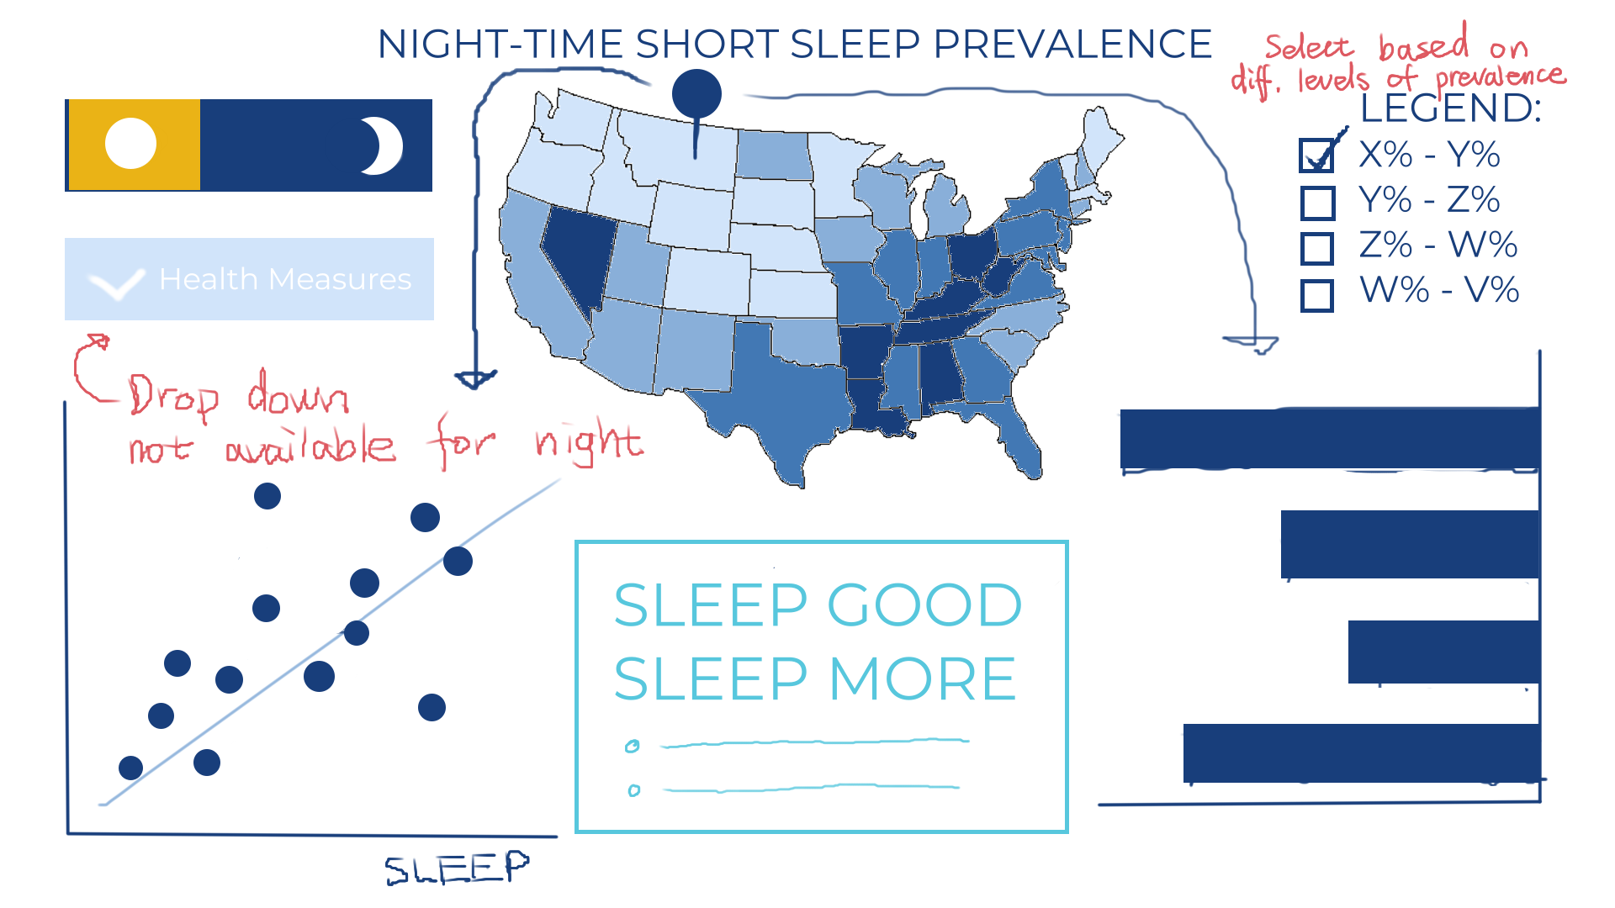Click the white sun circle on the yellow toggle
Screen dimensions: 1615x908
[x=130, y=143]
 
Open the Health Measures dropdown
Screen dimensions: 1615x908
[x=249, y=279]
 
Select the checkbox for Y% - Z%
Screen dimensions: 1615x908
[x=1317, y=203]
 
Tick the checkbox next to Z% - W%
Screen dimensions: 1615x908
[x=1317, y=248]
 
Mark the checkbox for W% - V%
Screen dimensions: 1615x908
[x=1317, y=295]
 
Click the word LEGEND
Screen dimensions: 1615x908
[x=1450, y=108]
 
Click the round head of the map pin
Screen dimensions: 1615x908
[x=696, y=92]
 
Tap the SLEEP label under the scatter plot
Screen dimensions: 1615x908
[x=457, y=868]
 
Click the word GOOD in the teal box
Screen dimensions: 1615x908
[x=925, y=605]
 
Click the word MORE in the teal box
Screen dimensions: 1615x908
[x=923, y=678]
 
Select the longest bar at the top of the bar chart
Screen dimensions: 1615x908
[x=1330, y=438]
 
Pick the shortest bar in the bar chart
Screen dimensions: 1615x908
[x=1444, y=652]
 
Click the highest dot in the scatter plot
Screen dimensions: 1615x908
[x=267, y=496]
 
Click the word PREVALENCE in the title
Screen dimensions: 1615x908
[x=1072, y=44]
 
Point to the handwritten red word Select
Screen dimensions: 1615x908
[x=1309, y=47]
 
